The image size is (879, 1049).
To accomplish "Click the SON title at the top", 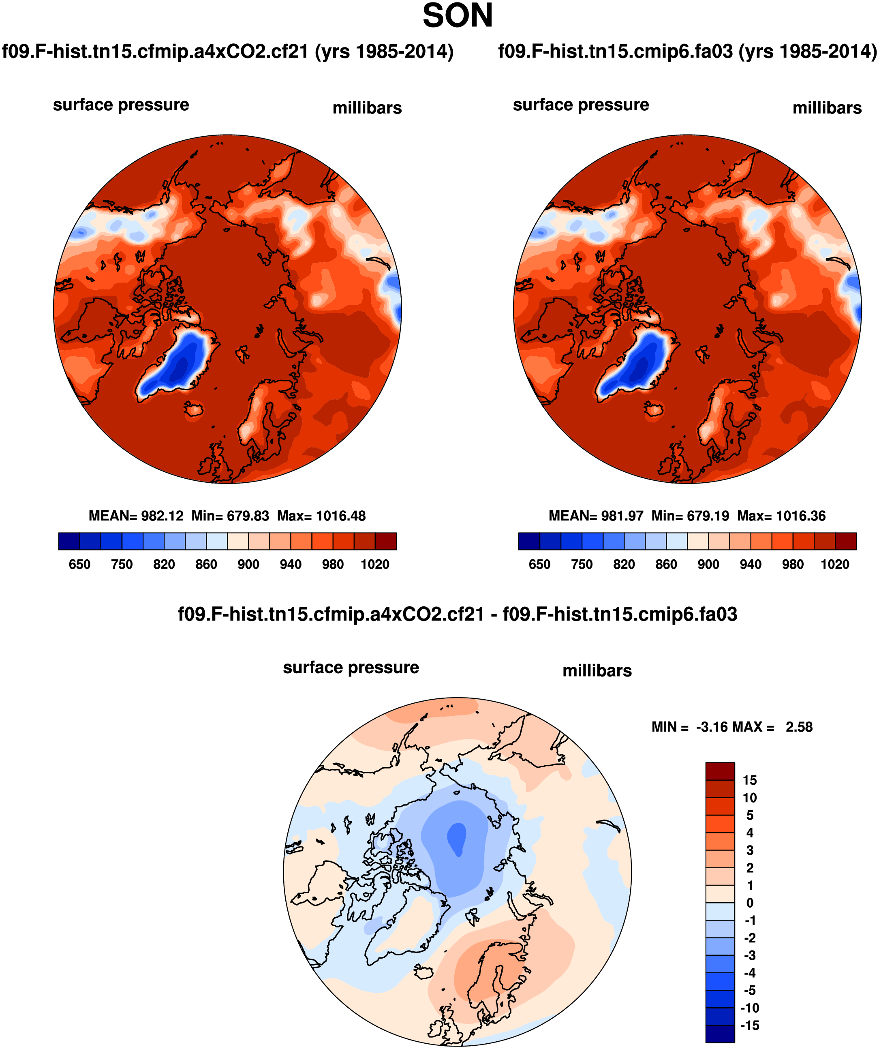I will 458,16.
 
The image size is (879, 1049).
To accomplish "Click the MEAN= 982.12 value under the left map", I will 136,516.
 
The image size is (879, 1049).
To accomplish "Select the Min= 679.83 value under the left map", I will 230,516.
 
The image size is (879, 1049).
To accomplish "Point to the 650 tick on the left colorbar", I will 79,565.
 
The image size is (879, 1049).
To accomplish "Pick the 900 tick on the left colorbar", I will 248,565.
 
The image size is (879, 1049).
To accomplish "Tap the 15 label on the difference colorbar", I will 750,780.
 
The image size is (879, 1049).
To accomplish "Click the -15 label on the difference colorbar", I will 750,1025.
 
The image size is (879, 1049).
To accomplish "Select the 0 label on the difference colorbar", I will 750,903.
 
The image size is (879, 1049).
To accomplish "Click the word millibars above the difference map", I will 597,670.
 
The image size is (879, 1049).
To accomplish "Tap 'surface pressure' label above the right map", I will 581,105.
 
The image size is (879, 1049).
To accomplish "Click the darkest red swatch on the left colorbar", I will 385,541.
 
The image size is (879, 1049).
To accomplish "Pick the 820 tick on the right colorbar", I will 624,565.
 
